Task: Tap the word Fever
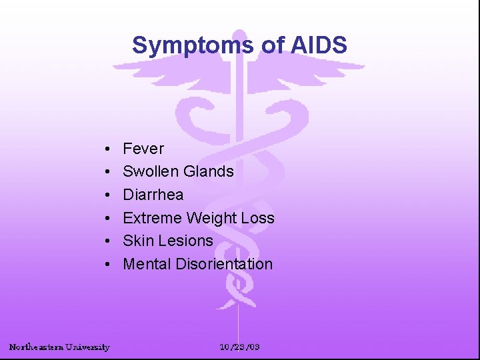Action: click(143, 149)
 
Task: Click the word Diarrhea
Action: click(153, 195)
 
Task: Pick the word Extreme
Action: click(153, 218)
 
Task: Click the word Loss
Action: click(258, 218)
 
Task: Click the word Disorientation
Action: click(224, 264)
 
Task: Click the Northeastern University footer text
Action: click(59, 347)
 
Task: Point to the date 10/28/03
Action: click(240, 347)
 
